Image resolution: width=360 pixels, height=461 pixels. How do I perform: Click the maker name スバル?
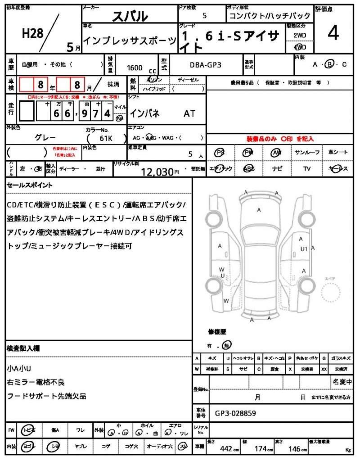pos(130,16)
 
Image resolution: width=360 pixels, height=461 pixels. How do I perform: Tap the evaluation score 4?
pos(333,34)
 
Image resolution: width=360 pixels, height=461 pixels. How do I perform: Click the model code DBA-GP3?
pos(205,65)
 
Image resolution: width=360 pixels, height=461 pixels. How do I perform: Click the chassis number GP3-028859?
pos(236,412)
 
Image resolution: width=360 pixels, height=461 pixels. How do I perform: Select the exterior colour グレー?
pos(45,137)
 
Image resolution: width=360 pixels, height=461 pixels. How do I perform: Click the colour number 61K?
pos(105,138)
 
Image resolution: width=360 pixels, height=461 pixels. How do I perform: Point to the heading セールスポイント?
pos(30,185)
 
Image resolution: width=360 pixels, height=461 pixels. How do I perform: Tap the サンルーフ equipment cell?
pos(307,153)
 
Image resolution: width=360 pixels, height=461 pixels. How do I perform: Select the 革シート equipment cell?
pos(337,153)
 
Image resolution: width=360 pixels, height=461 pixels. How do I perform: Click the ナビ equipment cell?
pos(277,168)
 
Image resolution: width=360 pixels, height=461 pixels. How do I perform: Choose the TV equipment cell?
pos(307,168)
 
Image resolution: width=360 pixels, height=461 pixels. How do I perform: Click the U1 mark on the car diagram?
pos(304,249)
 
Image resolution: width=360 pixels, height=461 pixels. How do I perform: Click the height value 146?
pos(295,449)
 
